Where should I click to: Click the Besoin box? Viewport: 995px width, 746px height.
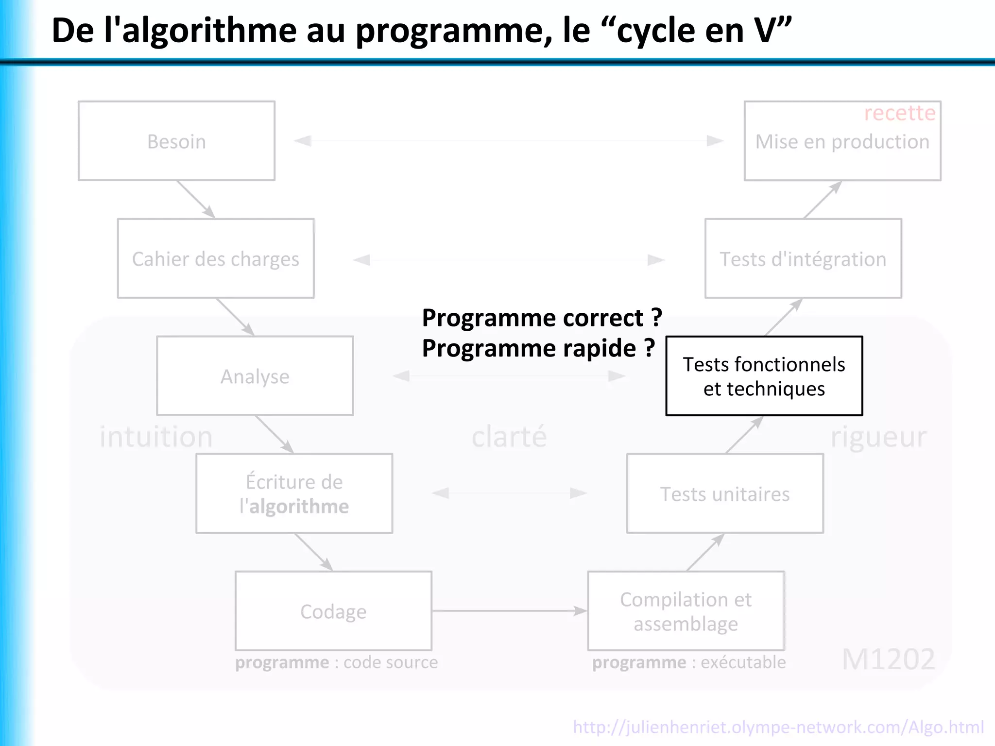click(x=176, y=141)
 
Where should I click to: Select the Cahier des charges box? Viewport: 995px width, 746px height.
click(x=216, y=258)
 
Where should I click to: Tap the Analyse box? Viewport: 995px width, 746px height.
click(x=255, y=376)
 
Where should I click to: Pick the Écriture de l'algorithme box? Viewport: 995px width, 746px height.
click(x=294, y=493)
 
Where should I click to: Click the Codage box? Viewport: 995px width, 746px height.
click(x=333, y=611)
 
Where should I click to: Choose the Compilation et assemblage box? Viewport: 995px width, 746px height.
click(x=686, y=611)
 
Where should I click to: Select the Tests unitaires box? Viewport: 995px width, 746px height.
click(x=725, y=493)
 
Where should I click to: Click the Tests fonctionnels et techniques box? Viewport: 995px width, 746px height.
click(x=764, y=376)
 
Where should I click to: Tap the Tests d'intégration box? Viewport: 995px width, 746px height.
click(x=803, y=258)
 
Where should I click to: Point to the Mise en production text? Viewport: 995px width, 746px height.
click(x=842, y=142)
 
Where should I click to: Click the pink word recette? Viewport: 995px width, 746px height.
click(x=900, y=113)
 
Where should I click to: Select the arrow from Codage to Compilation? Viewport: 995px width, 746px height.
click(x=510, y=611)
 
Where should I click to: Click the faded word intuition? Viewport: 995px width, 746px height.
click(x=156, y=436)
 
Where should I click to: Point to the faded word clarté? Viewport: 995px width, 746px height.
click(x=509, y=436)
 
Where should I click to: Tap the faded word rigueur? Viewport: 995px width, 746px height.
click(x=878, y=436)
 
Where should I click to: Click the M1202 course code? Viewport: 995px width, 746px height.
click(x=888, y=659)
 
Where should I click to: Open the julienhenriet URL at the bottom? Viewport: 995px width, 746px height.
click(x=778, y=727)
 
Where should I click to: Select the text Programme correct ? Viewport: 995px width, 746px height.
click(x=542, y=318)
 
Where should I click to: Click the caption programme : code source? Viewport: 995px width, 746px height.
click(x=336, y=662)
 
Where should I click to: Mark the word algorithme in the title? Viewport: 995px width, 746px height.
click(x=209, y=30)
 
